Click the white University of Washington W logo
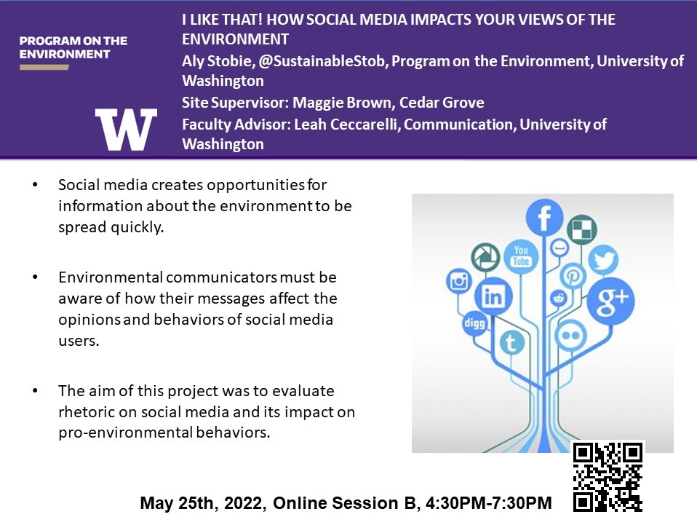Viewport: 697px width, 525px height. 126,130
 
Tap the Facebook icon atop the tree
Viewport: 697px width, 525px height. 544,218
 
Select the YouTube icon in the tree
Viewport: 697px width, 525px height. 521,256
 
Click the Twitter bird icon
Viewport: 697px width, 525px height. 603,260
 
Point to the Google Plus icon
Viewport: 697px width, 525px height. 610,301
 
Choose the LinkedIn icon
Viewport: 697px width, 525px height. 493,296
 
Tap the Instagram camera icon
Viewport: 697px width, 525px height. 459,282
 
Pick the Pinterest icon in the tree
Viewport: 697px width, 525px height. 573,276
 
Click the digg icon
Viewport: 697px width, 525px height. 474,323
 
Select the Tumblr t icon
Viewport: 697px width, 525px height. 511,342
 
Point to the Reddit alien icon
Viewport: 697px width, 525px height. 558,298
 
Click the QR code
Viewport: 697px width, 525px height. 608,476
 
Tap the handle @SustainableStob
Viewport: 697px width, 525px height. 322,61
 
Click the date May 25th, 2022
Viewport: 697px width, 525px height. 203,503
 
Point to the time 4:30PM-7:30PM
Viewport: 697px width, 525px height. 488,502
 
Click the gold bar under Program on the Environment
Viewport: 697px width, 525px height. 44,67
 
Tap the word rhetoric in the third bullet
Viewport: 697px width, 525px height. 86,411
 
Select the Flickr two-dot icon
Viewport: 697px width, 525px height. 570,336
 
